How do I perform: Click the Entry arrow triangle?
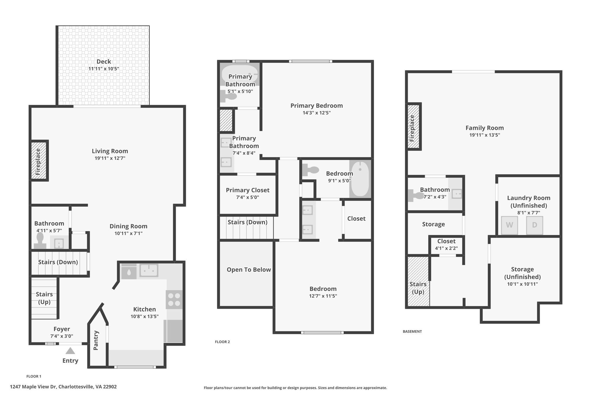click(x=70, y=351)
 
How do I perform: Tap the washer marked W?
click(x=509, y=225)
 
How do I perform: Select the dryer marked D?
click(x=534, y=225)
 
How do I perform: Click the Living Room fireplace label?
click(x=38, y=162)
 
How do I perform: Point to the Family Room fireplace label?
click(x=412, y=128)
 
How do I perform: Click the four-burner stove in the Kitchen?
click(x=174, y=300)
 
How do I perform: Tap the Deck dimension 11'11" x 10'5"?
click(x=104, y=69)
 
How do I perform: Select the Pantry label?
click(x=96, y=341)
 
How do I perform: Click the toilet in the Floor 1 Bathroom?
click(x=40, y=241)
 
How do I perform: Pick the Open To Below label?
click(x=249, y=270)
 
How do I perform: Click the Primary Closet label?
click(x=248, y=190)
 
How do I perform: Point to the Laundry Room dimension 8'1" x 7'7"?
click(x=529, y=213)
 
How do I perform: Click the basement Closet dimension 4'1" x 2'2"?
click(x=446, y=248)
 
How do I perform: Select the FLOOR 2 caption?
click(x=222, y=342)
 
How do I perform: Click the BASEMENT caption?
click(x=412, y=332)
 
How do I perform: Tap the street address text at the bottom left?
click(x=63, y=387)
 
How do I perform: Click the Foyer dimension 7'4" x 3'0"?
click(x=61, y=336)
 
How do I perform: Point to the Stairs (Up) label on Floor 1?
click(x=44, y=298)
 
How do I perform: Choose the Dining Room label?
click(x=128, y=226)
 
